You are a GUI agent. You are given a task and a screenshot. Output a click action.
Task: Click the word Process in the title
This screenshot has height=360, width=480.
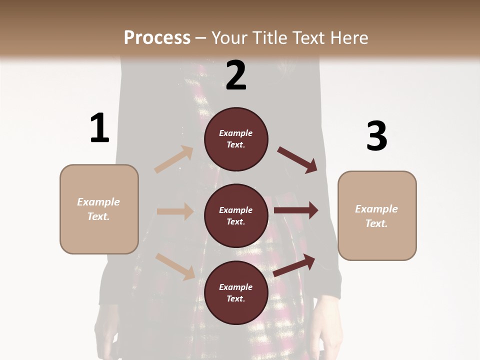pyautogui.click(x=157, y=37)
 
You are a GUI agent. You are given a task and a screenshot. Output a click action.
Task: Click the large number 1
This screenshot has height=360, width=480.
pyautogui.click(x=99, y=128)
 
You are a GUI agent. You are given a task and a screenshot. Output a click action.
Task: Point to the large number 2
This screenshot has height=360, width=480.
pyautogui.click(x=236, y=75)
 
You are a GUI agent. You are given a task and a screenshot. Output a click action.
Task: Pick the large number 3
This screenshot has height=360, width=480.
pyautogui.click(x=376, y=136)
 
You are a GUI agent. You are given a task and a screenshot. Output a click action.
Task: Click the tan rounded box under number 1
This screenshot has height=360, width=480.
pyautogui.click(x=99, y=209)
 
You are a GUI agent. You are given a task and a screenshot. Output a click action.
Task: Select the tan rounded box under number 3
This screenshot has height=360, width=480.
pyautogui.click(x=377, y=215)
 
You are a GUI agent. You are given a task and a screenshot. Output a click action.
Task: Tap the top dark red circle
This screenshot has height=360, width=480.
pyautogui.click(x=236, y=139)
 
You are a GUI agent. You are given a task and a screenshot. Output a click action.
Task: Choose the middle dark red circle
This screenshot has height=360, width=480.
pyautogui.click(x=236, y=215)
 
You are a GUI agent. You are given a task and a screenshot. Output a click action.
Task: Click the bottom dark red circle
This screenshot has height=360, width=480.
pyautogui.click(x=236, y=292)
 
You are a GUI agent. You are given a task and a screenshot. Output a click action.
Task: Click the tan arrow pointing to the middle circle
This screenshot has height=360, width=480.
pyautogui.click(x=175, y=211)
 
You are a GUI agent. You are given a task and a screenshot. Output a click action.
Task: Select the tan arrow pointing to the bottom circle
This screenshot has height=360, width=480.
pyautogui.click(x=175, y=266)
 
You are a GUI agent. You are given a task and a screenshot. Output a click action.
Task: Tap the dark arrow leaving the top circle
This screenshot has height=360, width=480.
pyautogui.click(x=297, y=160)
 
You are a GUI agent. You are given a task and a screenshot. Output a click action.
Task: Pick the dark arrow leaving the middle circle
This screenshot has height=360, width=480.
pyautogui.click(x=296, y=210)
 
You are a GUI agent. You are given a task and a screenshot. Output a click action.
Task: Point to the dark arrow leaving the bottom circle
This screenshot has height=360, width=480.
pyautogui.click(x=294, y=265)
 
